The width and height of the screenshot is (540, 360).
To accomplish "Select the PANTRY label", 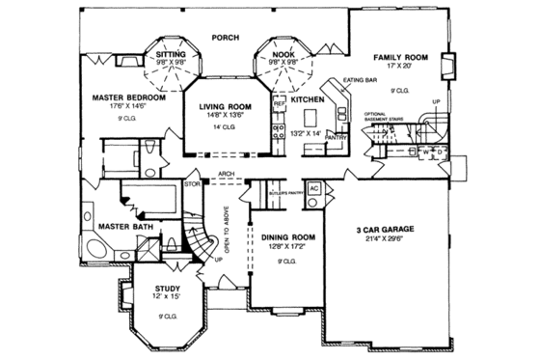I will pos(337,138).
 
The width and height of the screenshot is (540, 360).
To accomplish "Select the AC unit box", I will pos(314,189).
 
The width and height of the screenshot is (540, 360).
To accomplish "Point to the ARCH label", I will pos(227,175).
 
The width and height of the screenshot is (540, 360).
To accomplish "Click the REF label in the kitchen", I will pos(279,103).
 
